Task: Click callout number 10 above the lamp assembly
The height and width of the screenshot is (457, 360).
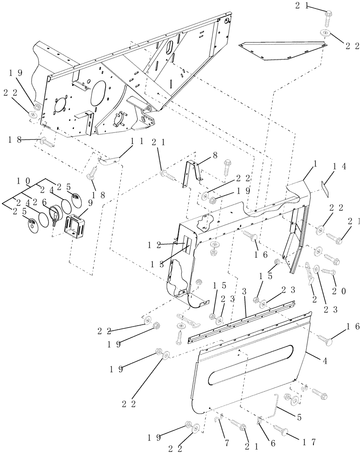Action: (x=25, y=181)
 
